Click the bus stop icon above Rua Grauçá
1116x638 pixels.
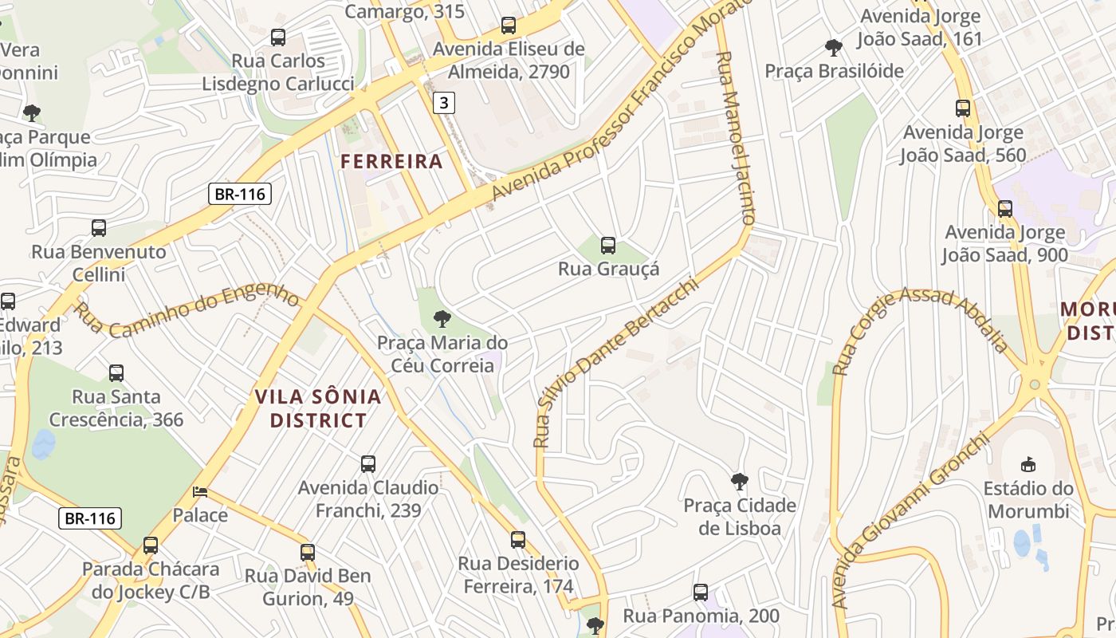tap(608, 246)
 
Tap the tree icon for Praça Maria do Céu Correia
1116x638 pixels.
tap(442, 320)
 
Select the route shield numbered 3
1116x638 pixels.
tap(444, 102)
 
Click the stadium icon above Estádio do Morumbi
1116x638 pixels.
tap(1028, 464)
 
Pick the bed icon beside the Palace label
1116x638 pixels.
tap(200, 492)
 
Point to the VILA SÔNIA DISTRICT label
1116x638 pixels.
tap(318, 408)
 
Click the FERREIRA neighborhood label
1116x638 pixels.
tap(391, 161)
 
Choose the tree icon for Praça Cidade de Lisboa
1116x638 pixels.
tap(740, 482)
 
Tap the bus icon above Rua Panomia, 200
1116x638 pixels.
tap(701, 593)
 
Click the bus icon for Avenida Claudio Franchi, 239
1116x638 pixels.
tap(368, 464)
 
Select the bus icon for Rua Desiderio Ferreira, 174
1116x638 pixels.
tap(518, 540)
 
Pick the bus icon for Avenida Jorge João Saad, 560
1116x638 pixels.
tap(963, 108)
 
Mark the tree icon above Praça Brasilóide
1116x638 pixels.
tap(834, 48)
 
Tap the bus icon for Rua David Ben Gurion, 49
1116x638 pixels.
tap(308, 552)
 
